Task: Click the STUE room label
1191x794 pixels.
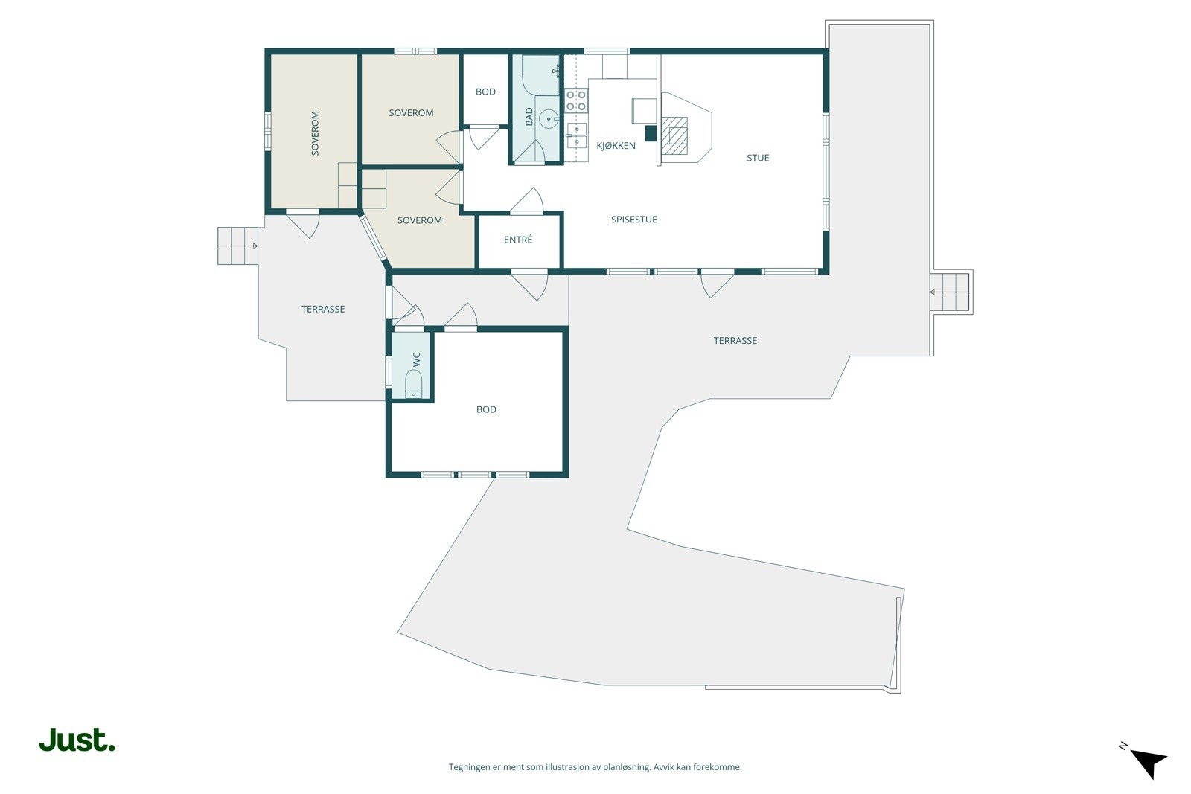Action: [x=758, y=158]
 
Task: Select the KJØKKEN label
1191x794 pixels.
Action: [x=616, y=145]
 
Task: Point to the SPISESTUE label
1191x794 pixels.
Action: [x=633, y=220]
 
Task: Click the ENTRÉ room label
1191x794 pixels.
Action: [x=518, y=240]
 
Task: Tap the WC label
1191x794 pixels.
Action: [x=416, y=359]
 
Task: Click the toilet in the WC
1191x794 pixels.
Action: [x=413, y=384]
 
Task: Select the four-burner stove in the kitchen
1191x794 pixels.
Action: [x=576, y=100]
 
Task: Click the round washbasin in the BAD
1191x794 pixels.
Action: [x=548, y=118]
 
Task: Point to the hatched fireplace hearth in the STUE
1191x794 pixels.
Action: [x=674, y=135]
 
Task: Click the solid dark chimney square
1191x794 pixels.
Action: [x=651, y=133]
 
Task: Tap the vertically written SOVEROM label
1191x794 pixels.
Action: [x=315, y=133]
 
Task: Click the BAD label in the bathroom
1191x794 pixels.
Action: [x=529, y=116]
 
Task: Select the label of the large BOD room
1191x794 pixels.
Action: [x=486, y=409]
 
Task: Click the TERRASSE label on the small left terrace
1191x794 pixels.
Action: [x=323, y=309]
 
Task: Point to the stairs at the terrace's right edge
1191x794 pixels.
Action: [x=951, y=292]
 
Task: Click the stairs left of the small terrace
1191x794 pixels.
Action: [x=237, y=246]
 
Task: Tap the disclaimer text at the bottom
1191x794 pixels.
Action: [x=595, y=767]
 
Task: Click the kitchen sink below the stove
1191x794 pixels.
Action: [x=576, y=135]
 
